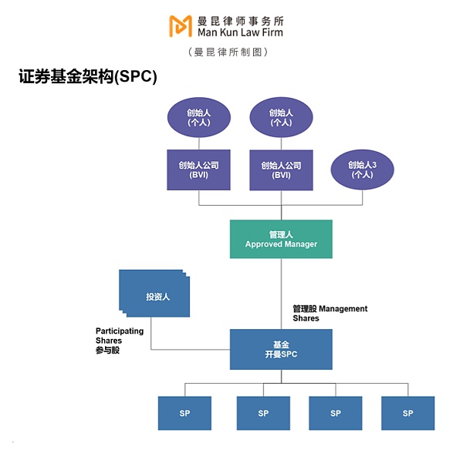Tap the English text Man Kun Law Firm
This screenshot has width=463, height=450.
click(239, 32)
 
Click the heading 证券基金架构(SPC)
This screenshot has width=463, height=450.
click(87, 77)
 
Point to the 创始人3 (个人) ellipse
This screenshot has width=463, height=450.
click(362, 170)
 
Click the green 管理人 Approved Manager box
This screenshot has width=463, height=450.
click(281, 239)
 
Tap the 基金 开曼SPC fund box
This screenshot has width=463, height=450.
click(281, 348)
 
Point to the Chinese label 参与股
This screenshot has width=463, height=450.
click(108, 350)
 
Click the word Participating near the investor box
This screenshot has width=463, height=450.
click(120, 331)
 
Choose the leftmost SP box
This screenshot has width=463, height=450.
click(184, 413)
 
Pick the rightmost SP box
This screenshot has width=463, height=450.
click(407, 413)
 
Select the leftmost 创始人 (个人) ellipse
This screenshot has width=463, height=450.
click(199, 117)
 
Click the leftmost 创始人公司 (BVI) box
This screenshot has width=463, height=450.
click(199, 170)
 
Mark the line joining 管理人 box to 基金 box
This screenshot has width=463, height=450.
click(281, 289)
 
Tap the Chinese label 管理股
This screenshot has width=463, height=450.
click(304, 309)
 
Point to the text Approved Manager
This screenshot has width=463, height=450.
click(281, 244)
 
